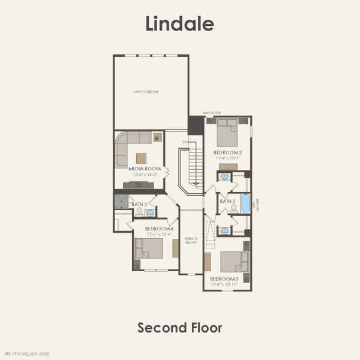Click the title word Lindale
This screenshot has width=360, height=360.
tap(179, 23)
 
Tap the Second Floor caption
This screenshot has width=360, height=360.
tap(179, 328)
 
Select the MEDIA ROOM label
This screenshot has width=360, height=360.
tap(145, 169)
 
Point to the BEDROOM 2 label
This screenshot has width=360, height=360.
tap(227, 152)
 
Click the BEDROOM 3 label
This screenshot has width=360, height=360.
tap(224, 278)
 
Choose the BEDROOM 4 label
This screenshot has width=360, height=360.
tap(159, 229)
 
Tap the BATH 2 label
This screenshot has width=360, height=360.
tap(227, 201)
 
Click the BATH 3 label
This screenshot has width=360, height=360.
tap(139, 205)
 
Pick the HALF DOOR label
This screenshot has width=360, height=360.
tap(212, 113)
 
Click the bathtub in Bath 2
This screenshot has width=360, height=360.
tap(245, 203)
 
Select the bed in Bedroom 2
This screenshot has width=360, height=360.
tap(227, 133)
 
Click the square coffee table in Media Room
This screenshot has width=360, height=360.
tap(141, 158)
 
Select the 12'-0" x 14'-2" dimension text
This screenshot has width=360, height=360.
tap(145, 175)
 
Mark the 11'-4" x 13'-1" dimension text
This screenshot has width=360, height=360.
tap(227, 158)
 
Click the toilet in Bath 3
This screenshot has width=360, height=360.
tap(139, 212)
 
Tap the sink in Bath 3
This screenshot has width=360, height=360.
tap(150, 212)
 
